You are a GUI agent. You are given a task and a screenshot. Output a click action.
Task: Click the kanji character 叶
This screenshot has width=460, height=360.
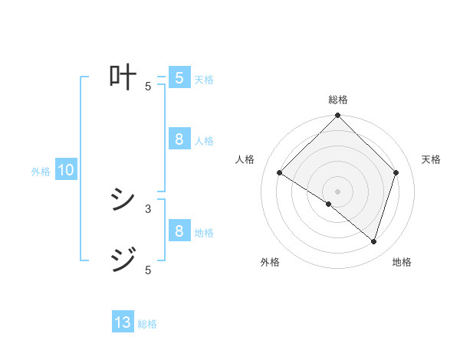(123, 77)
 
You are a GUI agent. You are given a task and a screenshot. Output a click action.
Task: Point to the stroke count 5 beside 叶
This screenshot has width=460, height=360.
(148, 87)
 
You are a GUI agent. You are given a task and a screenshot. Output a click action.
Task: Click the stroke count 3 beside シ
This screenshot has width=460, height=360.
(148, 208)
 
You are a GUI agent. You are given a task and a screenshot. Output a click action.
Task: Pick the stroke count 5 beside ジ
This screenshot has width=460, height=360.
(148, 270)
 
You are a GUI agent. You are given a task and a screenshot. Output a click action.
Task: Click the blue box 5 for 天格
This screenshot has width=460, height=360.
(179, 78)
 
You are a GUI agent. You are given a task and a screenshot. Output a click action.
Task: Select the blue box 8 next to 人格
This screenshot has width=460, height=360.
(179, 139)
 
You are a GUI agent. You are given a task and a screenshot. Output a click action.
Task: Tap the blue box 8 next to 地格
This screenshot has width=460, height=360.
(179, 231)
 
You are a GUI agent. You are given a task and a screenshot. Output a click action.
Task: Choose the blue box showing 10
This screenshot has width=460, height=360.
(66, 171)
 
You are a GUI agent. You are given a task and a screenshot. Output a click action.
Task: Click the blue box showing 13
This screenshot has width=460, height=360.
(123, 322)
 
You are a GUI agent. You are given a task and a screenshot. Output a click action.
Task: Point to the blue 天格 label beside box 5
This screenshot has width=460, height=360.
(204, 80)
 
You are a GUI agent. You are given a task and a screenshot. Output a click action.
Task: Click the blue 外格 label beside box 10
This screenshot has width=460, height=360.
(41, 172)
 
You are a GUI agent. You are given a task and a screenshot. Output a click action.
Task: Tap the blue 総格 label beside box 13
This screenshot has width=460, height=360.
(147, 324)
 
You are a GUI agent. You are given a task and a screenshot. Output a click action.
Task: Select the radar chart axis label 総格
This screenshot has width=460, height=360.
(338, 100)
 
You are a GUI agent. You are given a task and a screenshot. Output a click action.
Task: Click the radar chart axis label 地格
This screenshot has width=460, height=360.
(402, 263)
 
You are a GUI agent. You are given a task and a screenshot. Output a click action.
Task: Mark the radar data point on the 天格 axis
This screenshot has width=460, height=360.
(396, 173)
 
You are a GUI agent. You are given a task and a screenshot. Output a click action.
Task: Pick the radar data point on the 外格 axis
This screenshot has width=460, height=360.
(329, 205)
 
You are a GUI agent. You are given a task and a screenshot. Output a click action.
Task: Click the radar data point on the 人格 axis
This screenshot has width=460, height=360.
(280, 173)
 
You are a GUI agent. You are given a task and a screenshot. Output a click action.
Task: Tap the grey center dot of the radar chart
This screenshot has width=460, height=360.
(338, 191)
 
